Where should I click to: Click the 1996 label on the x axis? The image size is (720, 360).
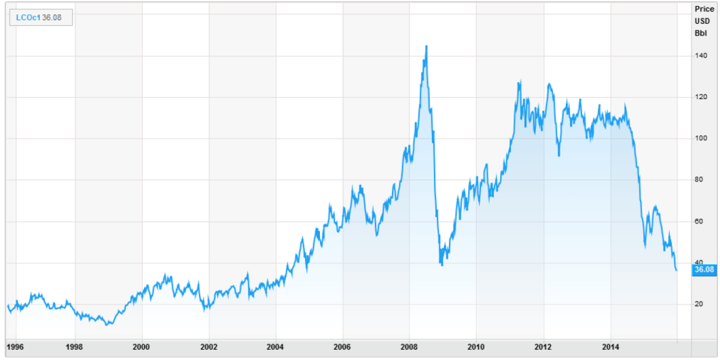coord(15,346)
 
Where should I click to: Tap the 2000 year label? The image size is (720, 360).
coord(141,346)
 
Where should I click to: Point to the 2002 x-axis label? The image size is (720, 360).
coord(209,346)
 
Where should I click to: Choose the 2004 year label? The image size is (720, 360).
coord(276,346)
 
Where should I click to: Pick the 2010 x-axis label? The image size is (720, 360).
coord(476,346)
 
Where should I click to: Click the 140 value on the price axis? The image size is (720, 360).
coord(700,56)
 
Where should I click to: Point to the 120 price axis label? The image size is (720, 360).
coord(700,97)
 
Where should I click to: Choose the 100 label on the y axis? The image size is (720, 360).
coord(700,139)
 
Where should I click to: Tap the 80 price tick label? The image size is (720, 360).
coord(698,180)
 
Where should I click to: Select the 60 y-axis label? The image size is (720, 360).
coord(698,221)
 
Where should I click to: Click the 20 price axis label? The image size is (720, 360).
coord(698,304)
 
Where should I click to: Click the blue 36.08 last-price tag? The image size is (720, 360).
coord(704,270)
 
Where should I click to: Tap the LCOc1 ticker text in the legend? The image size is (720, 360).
coord(28,17)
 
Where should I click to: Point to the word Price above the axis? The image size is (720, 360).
coord(702,9)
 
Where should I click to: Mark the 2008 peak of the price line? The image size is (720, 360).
coord(426,46)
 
